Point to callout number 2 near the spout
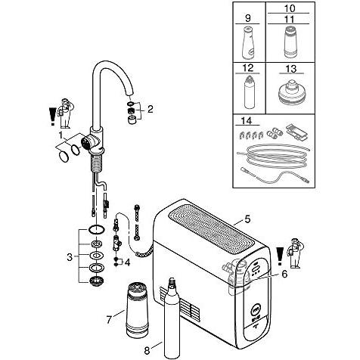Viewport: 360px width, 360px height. tap(151, 109)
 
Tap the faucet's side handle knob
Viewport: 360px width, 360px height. tap(88, 143)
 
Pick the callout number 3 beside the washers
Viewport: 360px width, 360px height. tap(70, 257)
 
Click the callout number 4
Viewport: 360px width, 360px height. tap(128, 262)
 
